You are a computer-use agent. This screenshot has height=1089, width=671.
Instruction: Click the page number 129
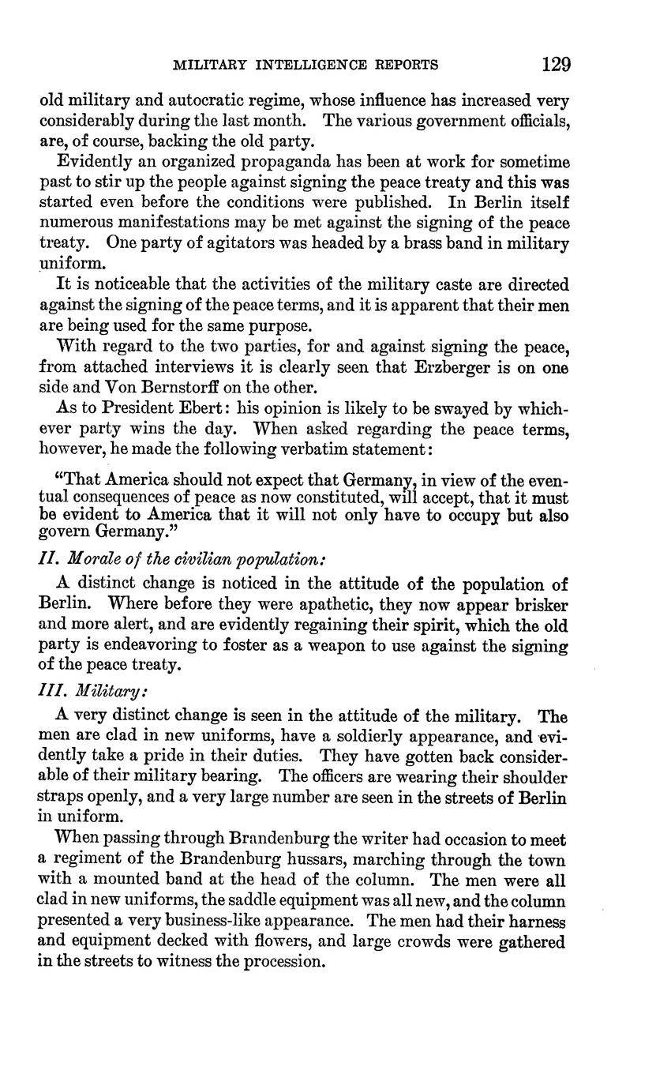tap(556, 64)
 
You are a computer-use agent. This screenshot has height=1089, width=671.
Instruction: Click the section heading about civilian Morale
tap(182, 558)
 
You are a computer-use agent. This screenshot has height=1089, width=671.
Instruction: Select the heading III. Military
tap(92, 690)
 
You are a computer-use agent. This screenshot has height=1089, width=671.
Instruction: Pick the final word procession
tap(284, 962)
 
